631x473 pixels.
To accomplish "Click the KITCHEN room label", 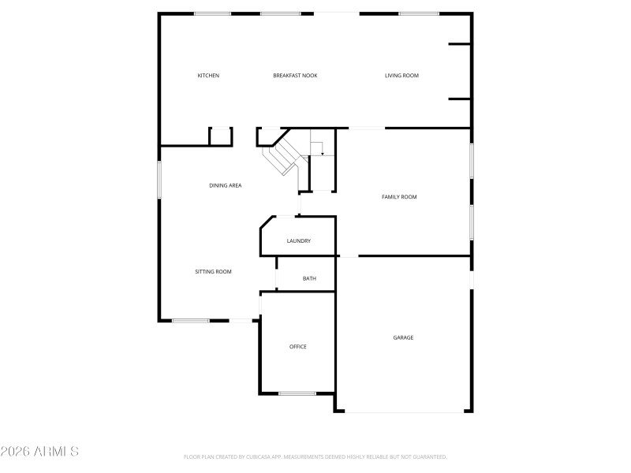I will click(208, 76).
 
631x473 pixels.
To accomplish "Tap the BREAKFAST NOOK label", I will click(295, 76).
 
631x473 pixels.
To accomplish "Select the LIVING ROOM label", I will click(401, 76).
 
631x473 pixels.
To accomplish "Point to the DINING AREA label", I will click(225, 186).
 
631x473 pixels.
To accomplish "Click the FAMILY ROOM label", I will click(399, 197).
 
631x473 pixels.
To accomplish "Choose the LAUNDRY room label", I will click(298, 241).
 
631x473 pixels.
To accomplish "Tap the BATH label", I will click(309, 278).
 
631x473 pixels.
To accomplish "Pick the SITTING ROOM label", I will click(213, 272).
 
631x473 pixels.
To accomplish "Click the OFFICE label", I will click(297, 347).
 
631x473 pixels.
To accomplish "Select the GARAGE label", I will click(403, 337).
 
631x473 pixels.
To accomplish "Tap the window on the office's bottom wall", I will click(297, 393).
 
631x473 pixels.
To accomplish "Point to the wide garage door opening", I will click(404, 412).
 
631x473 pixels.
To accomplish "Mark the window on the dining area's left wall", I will click(159, 180).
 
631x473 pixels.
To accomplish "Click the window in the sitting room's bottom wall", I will click(191, 320).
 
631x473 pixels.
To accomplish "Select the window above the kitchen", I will click(213, 13).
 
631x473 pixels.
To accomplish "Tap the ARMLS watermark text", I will click(39, 452).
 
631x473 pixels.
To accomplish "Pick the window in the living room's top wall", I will click(419, 13).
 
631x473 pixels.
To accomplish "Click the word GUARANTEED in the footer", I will click(428, 457).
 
